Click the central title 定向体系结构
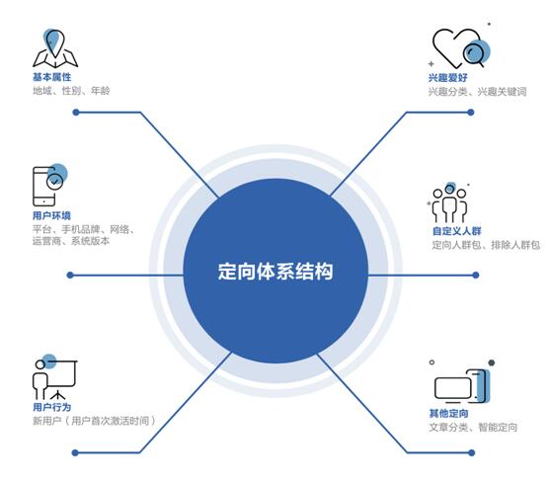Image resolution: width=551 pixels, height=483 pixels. (275, 272)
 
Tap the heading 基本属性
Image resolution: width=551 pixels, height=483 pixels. (52, 77)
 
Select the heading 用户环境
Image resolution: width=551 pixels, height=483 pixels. (51, 215)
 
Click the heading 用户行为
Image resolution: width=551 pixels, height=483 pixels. (52, 407)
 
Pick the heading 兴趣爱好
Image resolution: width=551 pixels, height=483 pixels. (447, 77)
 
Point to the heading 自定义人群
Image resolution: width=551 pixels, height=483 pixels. (456, 231)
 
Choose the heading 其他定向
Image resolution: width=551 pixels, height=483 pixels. (448, 414)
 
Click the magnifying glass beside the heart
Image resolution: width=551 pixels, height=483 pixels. (474, 53)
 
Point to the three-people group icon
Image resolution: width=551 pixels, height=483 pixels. (449, 202)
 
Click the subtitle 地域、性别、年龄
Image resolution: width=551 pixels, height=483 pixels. (71, 91)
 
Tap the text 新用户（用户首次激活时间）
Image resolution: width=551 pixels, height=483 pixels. (94, 421)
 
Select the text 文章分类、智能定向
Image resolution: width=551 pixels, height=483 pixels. (473, 427)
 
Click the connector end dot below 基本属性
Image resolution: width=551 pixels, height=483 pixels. (76, 113)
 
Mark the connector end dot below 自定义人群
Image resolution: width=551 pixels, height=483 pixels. (475, 275)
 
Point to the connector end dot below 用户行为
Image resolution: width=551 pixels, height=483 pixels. (75, 452)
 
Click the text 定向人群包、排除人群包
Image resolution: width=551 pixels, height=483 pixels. (486, 245)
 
